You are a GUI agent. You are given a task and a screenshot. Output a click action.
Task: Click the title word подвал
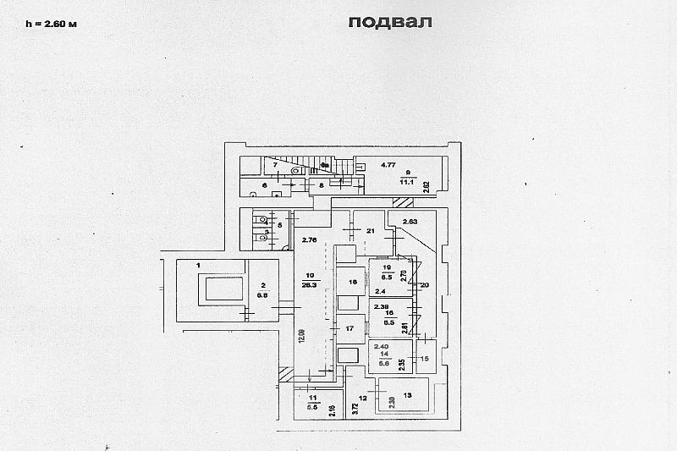click(x=389, y=22)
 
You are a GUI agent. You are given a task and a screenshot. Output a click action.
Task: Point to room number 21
click(x=370, y=230)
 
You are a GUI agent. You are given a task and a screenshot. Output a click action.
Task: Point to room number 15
click(x=425, y=359)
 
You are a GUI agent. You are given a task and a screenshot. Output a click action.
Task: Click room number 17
click(x=348, y=328)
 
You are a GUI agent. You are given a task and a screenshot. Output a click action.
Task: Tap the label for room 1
click(x=198, y=265)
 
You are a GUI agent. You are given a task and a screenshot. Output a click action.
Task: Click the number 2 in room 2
click(x=263, y=286)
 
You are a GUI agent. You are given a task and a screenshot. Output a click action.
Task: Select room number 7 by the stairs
click(x=275, y=163)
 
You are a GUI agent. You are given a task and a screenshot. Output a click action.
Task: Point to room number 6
click(x=264, y=184)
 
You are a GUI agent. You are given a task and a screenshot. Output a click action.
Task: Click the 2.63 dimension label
click(x=410, y=222)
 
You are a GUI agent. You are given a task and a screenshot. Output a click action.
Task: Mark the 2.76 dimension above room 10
click(x=309, y=241)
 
